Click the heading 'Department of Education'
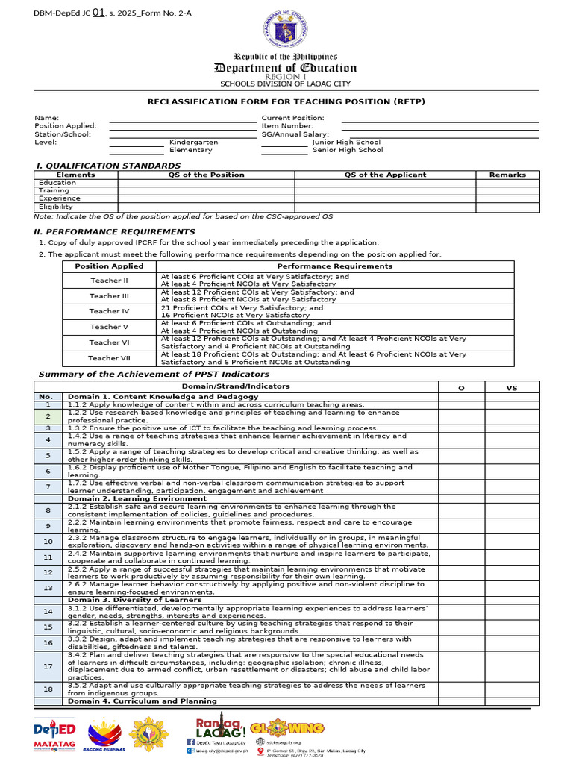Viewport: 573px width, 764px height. point(286,68)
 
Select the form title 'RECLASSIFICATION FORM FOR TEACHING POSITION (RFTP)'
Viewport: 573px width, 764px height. point(286,101)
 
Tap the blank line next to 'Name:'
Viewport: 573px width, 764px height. point(183,118)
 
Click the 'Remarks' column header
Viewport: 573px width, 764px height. point(507,175)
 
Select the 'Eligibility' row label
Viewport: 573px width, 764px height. point(56,207)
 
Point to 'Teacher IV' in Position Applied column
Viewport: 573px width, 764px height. point(109,311)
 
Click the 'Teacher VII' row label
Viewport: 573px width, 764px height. point(109,358)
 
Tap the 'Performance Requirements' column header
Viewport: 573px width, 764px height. point(334,266)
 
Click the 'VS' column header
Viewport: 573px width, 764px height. point(512,388)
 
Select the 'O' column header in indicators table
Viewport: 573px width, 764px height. point(460,388)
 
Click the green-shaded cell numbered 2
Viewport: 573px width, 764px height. point(48,416)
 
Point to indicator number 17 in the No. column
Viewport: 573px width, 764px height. point(48,666)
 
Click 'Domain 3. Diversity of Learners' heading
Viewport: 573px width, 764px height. point(134,600)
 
